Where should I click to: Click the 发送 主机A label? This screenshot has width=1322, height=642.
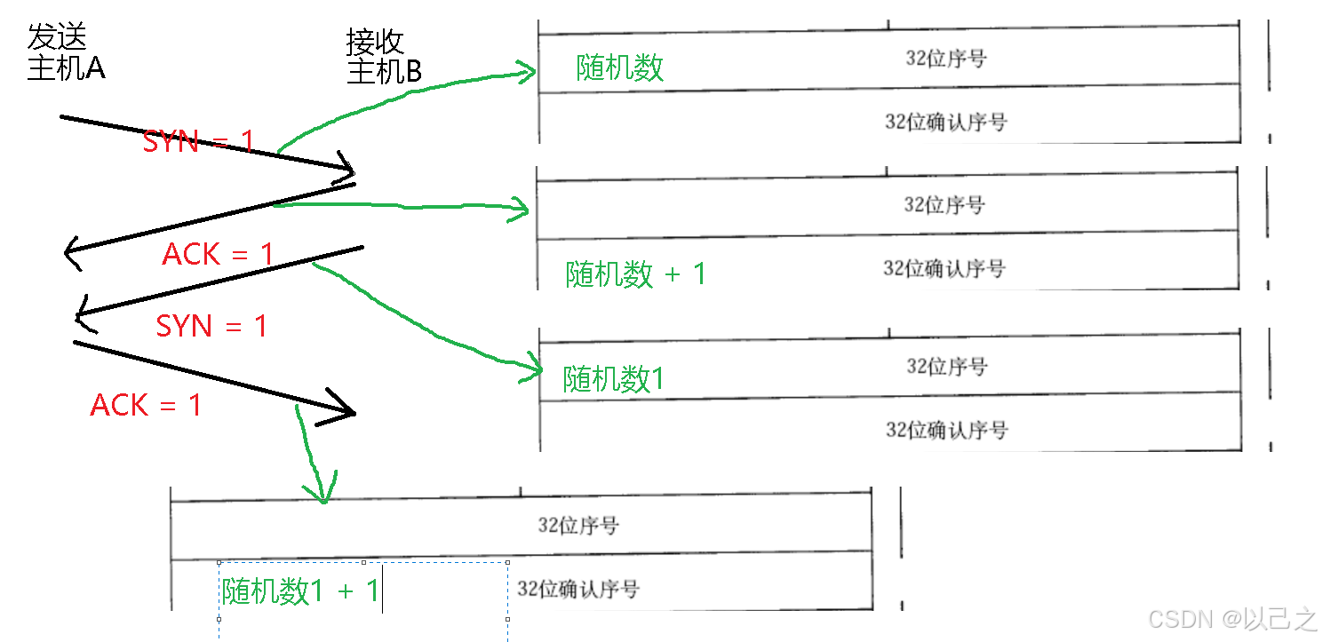pyautogui.click(x=66, y=52)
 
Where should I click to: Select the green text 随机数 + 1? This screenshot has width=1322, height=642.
pyautogui.click(x=635, y=274)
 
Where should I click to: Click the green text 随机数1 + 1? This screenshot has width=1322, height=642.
pyautogui.click(x=300, y=590)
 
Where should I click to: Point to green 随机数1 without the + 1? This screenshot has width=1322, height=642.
pyautogui.click(x=613, y=379)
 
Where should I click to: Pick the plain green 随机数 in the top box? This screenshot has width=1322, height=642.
pyautogui.click(x=619, y=67)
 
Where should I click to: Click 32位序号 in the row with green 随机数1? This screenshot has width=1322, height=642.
pyautogui.click(x=946, y=366)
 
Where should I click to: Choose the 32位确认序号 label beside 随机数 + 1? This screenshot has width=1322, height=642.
pyautogui.click(x=944, y=268)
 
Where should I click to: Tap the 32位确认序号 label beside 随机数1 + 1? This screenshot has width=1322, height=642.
pyautogui.click(x=577, y=589)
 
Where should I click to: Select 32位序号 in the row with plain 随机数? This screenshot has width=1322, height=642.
pyautogui.click(x=945, y=59)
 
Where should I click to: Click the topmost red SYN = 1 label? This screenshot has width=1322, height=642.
pyautogui.click(x=198, y=141)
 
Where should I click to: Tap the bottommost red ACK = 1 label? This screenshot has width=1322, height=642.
pyautogui.click(x=146, y=406)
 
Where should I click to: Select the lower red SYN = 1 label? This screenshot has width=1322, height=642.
pyautogui.click(x=211, y=326)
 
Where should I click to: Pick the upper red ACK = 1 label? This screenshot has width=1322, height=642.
pyautogui.click(x=218, y=255)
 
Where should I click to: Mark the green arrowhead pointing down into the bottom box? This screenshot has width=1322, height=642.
pyautogui.click(x=322, y=494)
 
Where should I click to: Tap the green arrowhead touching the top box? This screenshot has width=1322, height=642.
pyautogui.click(x=530, y=71)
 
